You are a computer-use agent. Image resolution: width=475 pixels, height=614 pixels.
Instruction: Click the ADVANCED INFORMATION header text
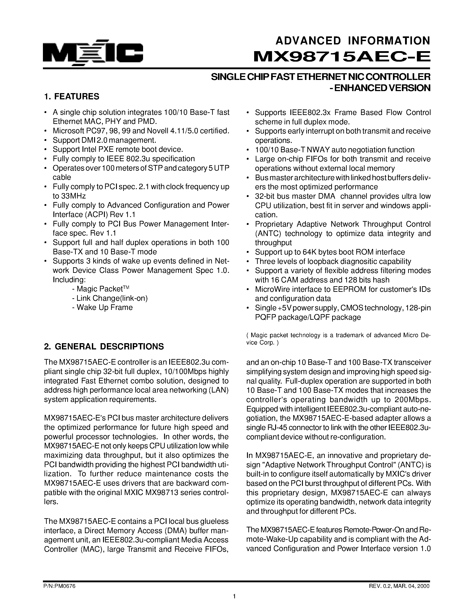[353, 41]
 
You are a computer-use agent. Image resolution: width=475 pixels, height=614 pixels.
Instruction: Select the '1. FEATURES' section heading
[72, 97]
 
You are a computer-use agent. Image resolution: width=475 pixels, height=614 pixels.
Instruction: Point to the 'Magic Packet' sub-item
[100, 289]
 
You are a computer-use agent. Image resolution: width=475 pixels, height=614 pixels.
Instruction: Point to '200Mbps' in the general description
[413, 400]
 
